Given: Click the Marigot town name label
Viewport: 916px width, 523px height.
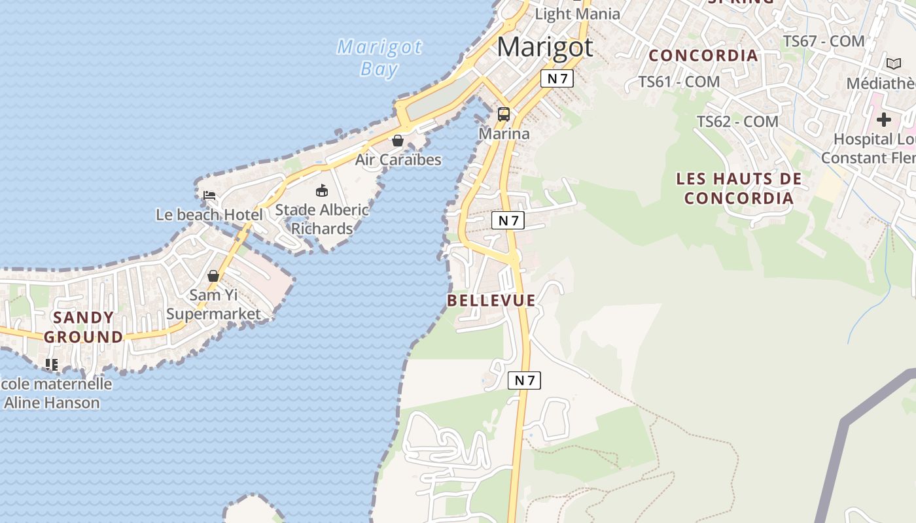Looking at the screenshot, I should (545, 47).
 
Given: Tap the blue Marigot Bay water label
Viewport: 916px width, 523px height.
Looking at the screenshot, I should (379, 58).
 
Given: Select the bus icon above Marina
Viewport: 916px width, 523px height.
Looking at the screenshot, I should (504, 114).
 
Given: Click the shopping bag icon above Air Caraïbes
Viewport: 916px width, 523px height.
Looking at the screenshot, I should (397, 141).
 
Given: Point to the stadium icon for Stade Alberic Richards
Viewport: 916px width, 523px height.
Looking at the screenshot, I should (321, 191).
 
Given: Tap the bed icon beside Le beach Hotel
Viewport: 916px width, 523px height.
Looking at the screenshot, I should (209, 195).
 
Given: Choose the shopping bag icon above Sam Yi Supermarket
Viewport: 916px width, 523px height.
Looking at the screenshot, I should (213, 276).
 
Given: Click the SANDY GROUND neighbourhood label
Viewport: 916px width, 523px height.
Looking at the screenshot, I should (83, 327).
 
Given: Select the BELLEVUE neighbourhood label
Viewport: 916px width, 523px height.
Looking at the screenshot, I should (491, 300).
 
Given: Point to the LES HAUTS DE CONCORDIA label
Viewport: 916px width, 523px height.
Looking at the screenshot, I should (739, 188).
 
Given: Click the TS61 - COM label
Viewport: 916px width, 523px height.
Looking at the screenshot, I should (678, 82).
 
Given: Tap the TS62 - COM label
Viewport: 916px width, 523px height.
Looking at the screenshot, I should (737, 121).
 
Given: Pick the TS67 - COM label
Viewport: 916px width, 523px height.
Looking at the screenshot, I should (824, 41).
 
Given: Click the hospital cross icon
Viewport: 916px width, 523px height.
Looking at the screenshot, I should (884, 120).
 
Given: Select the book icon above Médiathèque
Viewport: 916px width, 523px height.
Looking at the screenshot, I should (893, 63).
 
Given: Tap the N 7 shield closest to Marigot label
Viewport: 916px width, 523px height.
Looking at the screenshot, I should (557, 78).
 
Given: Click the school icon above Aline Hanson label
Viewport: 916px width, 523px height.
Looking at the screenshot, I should (52, 364).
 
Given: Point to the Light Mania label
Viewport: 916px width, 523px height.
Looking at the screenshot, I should (577, 14).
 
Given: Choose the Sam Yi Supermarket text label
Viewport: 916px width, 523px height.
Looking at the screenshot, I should (213, 304).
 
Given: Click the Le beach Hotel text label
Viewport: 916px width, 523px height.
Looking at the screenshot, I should (209, 214).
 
